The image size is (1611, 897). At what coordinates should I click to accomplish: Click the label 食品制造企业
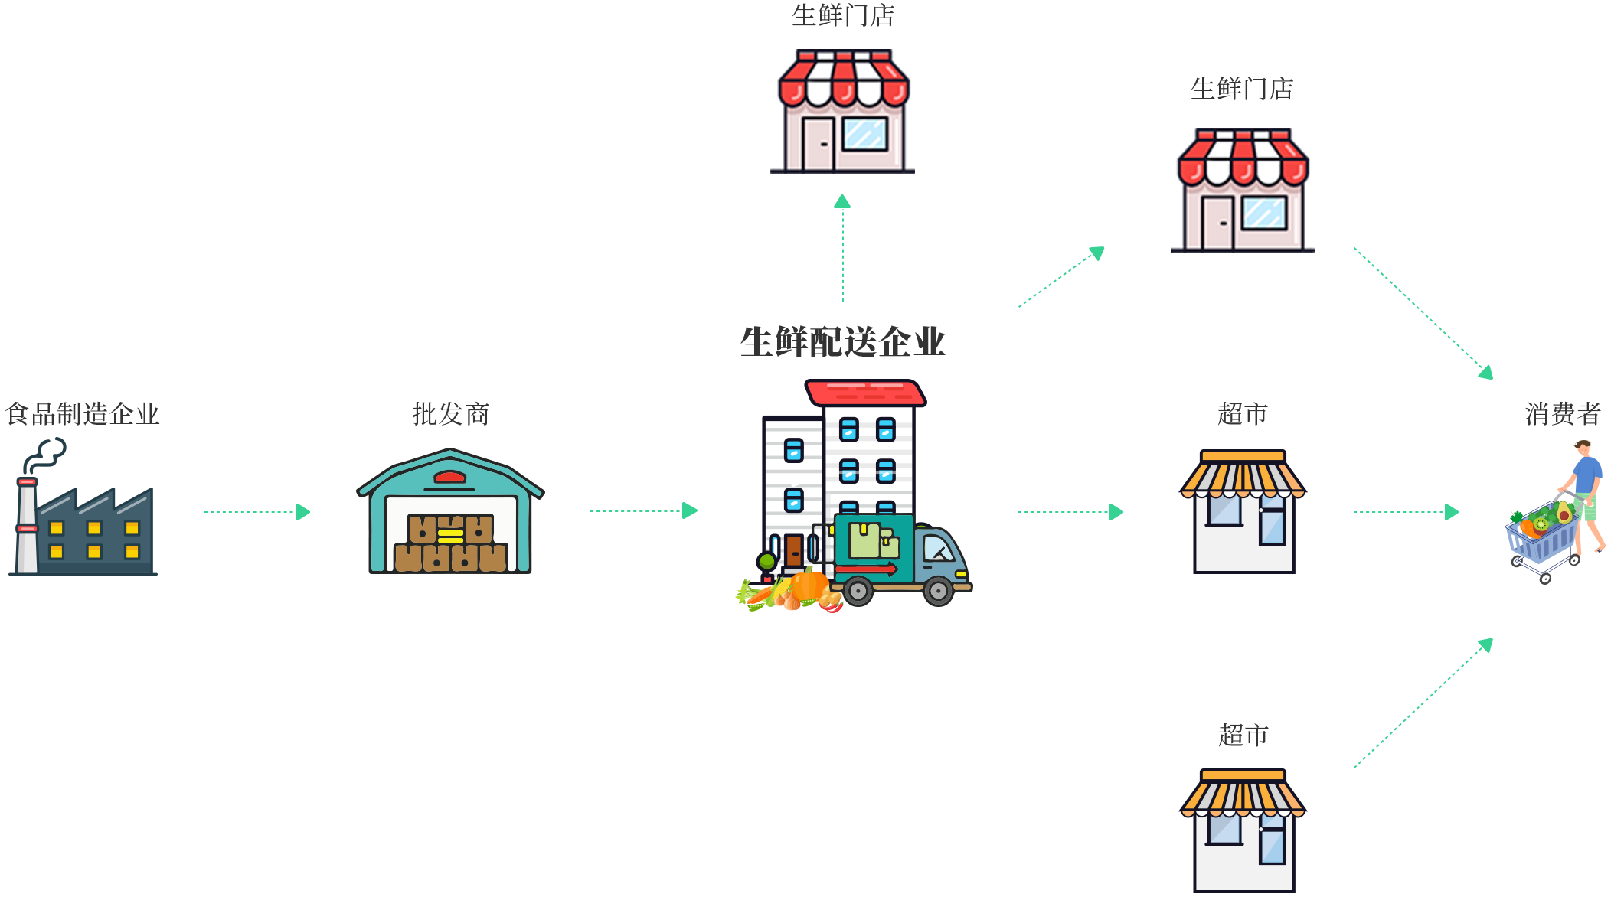(82, 414)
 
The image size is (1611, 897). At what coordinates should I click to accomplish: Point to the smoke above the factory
(44, 455)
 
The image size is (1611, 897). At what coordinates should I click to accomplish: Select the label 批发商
(450, 414)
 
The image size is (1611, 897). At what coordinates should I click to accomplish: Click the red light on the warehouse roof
(449, 478)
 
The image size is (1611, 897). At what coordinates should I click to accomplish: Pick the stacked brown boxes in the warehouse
(450, 543)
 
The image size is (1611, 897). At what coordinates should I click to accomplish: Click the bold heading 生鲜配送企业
(843, 341)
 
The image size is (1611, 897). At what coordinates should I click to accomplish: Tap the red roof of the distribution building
(865, 392)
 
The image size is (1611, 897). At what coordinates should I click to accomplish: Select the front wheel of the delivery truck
(938, 591)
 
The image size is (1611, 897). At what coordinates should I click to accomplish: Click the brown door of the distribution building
(794, 551)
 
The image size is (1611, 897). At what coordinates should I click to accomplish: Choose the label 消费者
(1562, 414)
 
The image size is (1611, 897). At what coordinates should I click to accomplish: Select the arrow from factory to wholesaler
(257, 511)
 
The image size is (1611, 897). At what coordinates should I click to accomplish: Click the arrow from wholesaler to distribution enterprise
(643, 510)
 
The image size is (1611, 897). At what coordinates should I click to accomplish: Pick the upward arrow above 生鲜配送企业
(842, 249)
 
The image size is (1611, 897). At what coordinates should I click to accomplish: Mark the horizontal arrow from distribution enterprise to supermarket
(1070, 511)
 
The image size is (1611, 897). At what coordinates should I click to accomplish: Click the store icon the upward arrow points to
(842, 111)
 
